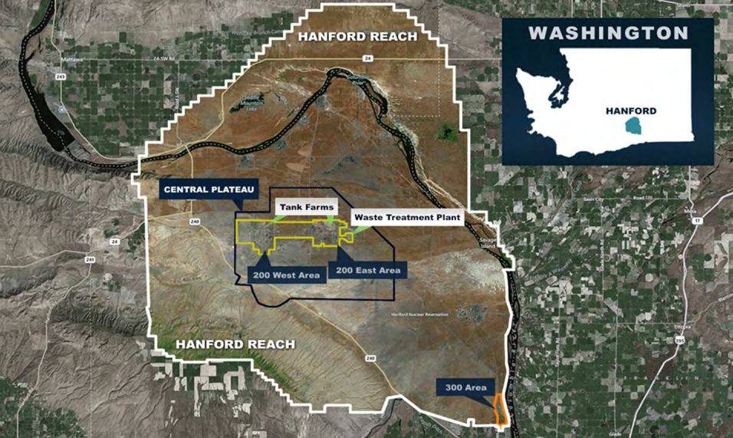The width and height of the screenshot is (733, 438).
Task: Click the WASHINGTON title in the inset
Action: pyautogui.click(x=608, y=33)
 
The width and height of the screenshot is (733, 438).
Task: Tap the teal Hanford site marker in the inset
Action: pyautogui.click(x=632, y=126)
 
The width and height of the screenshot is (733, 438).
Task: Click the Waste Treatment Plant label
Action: pyautogui.click(x=407, y=218)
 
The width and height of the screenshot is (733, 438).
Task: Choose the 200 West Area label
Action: pyautogui.click(x=288, y=275)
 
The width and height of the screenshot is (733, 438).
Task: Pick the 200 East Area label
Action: pyautogui.click(x=366, y=270)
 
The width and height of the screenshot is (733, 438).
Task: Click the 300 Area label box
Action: pyautogui.click(x=463, y=388)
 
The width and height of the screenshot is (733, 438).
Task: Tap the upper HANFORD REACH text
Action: pyautogui.click(x=357, y=37)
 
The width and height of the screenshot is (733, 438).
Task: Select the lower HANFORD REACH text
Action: pyautogui.click(x=235, y=344)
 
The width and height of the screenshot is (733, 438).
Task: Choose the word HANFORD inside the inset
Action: pyautogui.click(x=631, y=110)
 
